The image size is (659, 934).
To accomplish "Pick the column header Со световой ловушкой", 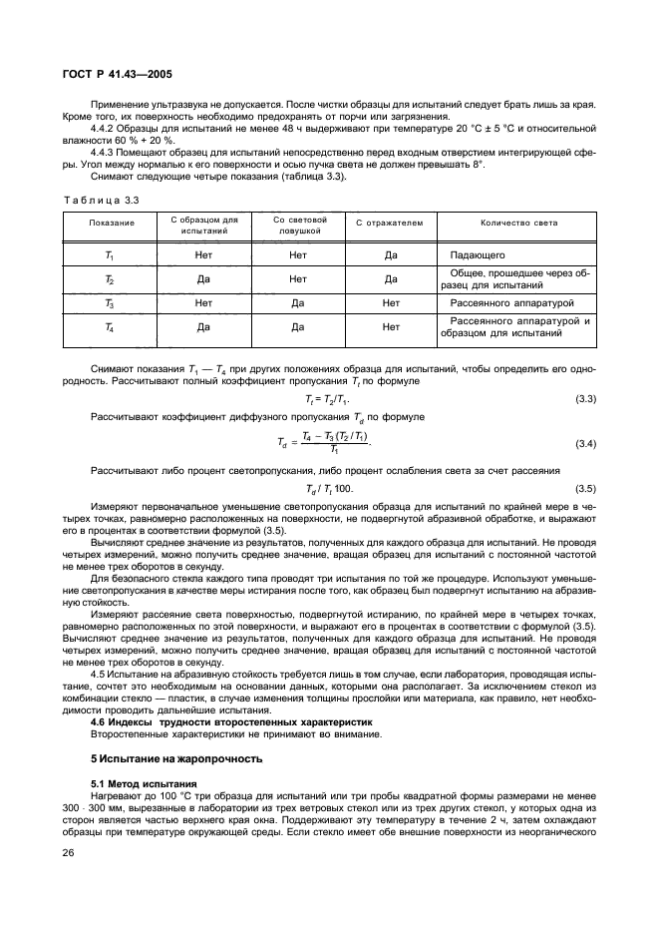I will tap(297, 228).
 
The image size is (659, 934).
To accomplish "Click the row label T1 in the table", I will tap(110, 255).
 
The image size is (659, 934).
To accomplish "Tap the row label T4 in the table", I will tap(110, 326).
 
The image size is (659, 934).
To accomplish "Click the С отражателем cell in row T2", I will tap(390, 279).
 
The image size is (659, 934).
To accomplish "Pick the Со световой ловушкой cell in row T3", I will tap(297, 302).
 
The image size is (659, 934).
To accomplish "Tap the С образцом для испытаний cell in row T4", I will tap(203, 326).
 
